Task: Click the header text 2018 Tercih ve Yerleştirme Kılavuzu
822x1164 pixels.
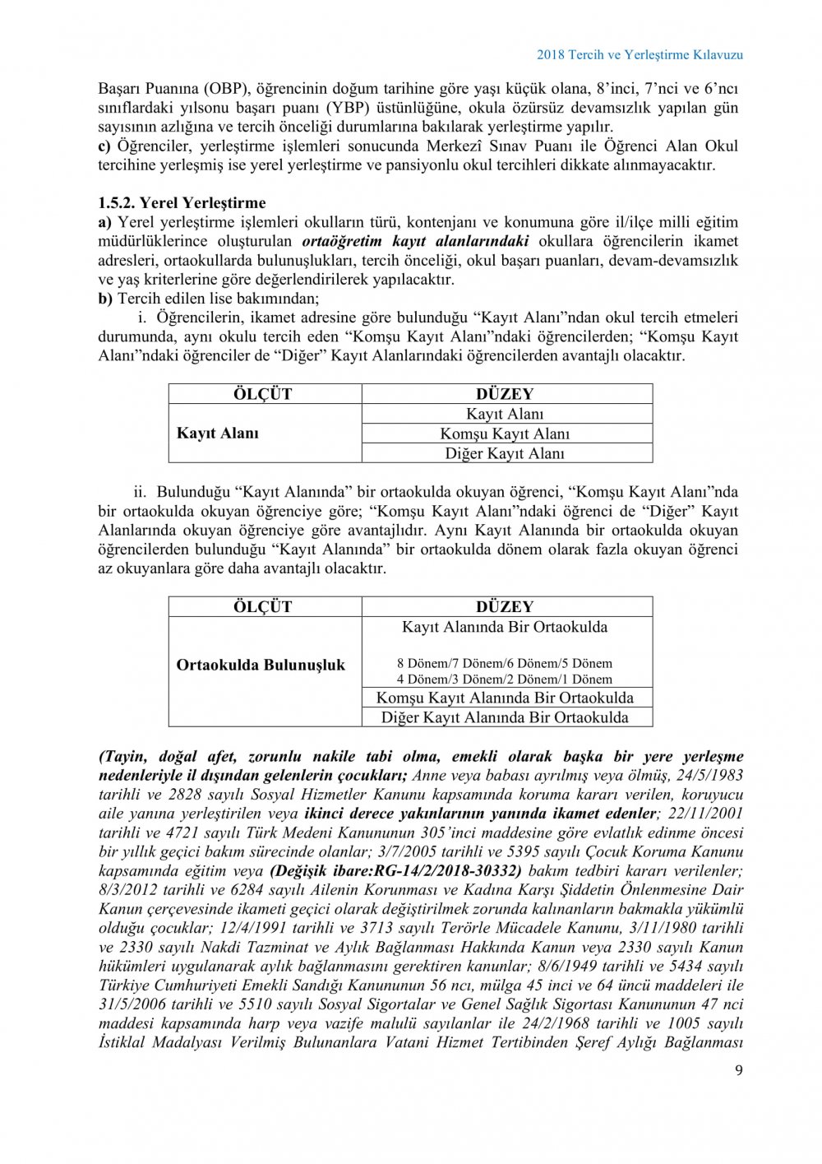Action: pyautogui.click(x=640, y=54)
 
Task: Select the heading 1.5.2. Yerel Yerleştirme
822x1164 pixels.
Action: pyautogui.click(x=182, y=202)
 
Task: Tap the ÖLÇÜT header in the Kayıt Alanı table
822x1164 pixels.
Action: pyautogui.click(x=264, y=394)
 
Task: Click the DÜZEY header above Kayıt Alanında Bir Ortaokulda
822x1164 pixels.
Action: pyautogui.click(x=505, y=607)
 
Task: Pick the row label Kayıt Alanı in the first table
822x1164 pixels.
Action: pyautogui.click(x=218, y=434)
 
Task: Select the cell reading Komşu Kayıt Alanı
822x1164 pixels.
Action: pyautogui.click(x=505, y=434)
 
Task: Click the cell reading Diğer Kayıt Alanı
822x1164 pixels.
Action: pyautogui.click(x=505, y=453)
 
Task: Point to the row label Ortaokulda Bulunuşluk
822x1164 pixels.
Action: pyautogui.click(x=261, y=665)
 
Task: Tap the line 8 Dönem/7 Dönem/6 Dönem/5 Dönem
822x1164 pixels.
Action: pyautogui.click(x=505, y=663)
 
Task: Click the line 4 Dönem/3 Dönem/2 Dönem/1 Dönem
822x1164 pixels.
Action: pyautogui.click(x=505, y=679)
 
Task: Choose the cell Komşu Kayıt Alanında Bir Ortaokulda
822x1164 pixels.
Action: pyautogui.click(x=505, y=698)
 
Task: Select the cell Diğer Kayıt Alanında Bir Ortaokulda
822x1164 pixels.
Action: pyautogui.click(x=505, y=717)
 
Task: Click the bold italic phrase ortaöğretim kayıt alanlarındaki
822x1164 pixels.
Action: pyautogui.click(x=416, y=242)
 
